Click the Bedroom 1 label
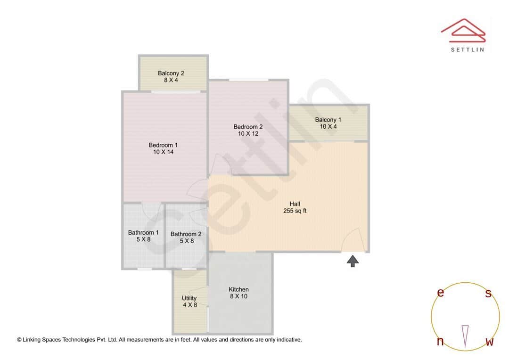coord(163,145)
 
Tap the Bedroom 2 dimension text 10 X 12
coord(248,134)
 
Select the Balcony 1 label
coord(328,120)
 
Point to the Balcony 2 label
coord(171,73)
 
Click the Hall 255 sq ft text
coord(295,211)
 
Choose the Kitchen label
coord(238,289)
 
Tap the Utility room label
coord(189,298)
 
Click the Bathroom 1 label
coord(143,233)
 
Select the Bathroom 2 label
coord(186,234)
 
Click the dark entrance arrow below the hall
coord(353,262)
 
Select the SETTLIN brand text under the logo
coord(467,49)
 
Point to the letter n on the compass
coord(440,341)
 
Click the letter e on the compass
coord(441,293)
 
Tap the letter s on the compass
coord(488,294)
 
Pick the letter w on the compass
coord(489,342)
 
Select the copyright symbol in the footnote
coord(19,339)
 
